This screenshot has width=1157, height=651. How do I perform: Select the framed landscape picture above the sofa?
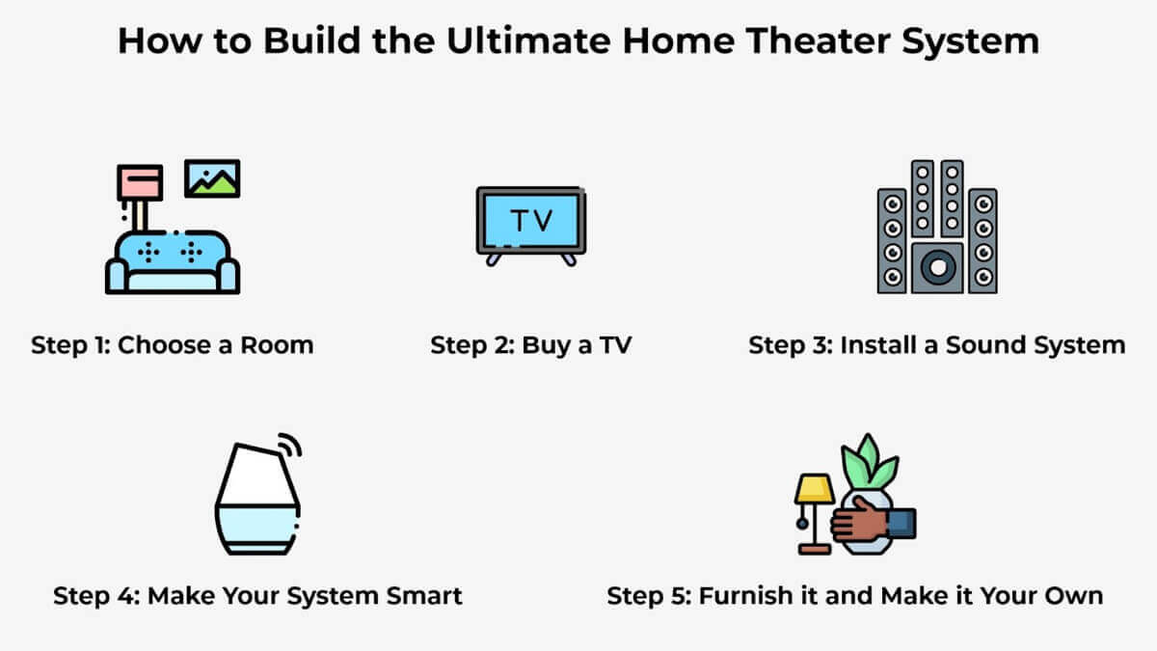click(x=212, y=178)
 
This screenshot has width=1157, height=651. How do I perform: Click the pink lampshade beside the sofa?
click(x=140, y=182)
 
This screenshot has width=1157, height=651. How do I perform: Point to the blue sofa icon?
click(x=173, y=262)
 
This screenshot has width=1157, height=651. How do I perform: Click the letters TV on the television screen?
click(x=531, y=221)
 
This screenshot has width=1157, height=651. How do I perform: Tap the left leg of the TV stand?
click(x=494, y=259)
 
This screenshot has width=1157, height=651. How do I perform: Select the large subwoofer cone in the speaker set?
click(x=937, y=268)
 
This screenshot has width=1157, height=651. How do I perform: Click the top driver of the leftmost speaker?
click(x=893, y=204)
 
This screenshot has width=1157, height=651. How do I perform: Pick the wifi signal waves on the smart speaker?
click(x=291, y=445)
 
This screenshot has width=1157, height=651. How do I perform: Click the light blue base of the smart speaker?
click(x=257, y=529)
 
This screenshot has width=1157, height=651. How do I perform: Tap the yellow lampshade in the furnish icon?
click(x=815, y=489)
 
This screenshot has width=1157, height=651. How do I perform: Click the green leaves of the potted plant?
click(x=870, y=461)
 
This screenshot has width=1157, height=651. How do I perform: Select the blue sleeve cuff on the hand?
click(x=901, y=524)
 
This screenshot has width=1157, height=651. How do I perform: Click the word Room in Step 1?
click(x=277, y=344)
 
